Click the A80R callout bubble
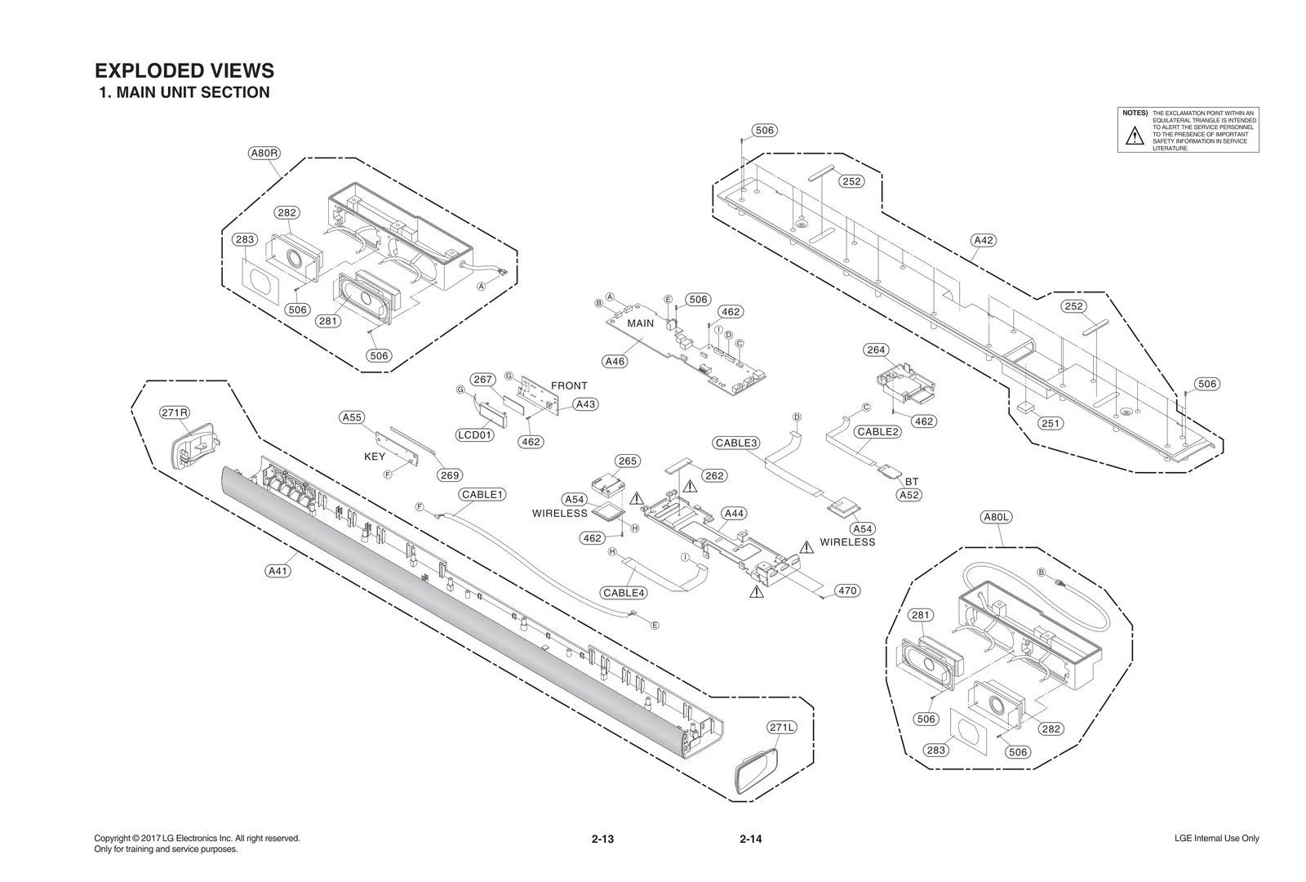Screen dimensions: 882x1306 (264, 153)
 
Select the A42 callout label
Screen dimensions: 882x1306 (984, 240)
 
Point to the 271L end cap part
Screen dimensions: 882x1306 (755, 770)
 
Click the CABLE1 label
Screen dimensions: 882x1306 (483, 494)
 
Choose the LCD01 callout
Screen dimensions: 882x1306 (475, 434)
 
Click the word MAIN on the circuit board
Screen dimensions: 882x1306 (641, 323)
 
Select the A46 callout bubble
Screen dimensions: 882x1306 (615, 361)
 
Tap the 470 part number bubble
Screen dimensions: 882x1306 (848, 590)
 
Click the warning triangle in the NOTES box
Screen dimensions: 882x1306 (1134, 136)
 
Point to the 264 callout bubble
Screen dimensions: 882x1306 (876, 350)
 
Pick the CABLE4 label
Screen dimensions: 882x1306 (624, 593)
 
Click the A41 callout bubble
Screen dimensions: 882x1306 (278, 571)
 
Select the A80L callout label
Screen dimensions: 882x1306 (997, 517)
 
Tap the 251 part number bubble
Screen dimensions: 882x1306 (1051, 423)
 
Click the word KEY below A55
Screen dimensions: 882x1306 (375, 457)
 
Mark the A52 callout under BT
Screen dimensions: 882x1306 (908, 495)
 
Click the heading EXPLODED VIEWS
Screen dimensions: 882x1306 (184, 71)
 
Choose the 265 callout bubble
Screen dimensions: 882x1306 (627, 461)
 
